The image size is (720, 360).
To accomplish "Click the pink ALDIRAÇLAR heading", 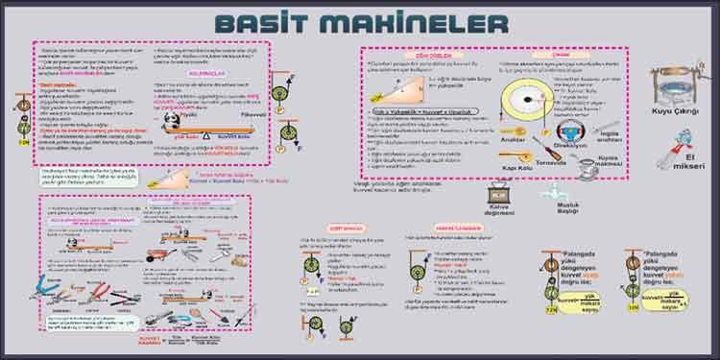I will [208, 72].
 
